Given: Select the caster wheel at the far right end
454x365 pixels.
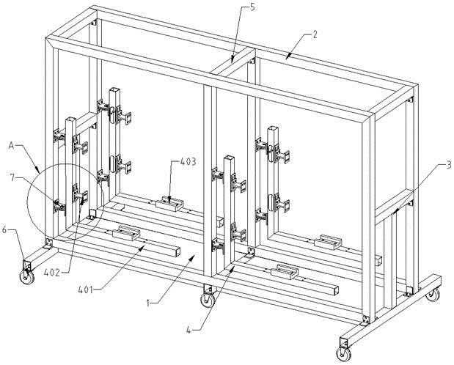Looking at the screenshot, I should tap(433, 295).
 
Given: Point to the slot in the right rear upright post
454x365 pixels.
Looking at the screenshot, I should tap(272, 200).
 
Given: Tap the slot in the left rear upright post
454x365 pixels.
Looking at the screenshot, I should tap(114, 162).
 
